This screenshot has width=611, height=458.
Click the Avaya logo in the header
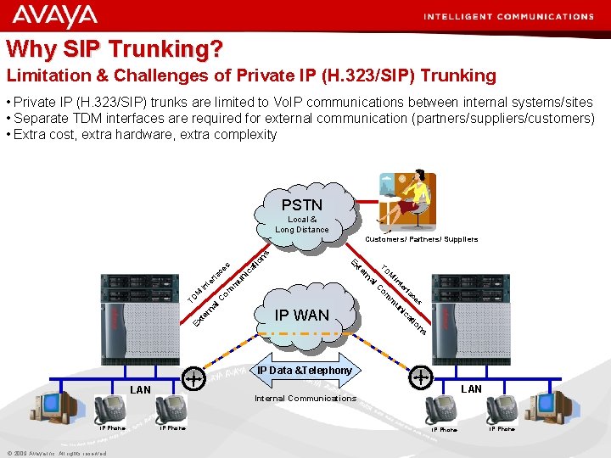[x=55, y=16]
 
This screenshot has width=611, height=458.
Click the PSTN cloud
[x=302, y=212]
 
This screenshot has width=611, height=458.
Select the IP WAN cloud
[x=302, y=315]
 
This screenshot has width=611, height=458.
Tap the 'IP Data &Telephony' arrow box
[x=304, y=371]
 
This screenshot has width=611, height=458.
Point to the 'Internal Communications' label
[x=305, y=398]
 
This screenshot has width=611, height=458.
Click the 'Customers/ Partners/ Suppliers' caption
[x=421, y=239]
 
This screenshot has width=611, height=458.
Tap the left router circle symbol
[x=195, y=377]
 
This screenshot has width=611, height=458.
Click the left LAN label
[x=140, y=390]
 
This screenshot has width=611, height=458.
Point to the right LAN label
[x=471, y=389]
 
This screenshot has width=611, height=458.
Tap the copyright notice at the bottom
[x=56, y=453]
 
